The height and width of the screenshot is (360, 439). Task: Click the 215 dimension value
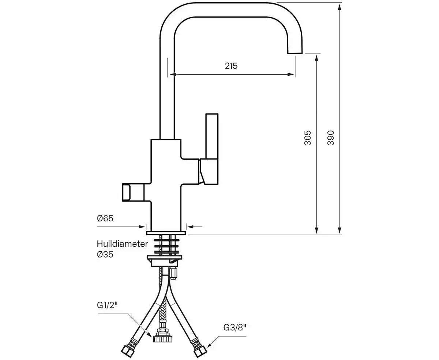(231, 66)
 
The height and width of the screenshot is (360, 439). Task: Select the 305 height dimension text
(308, 138)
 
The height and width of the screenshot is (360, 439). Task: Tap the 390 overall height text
(331, 138)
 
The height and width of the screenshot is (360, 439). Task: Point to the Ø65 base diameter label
(105, 218)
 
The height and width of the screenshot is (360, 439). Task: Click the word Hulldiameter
(122, 244)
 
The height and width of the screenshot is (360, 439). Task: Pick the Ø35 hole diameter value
(105, 255)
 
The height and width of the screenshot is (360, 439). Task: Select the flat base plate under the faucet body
(166, 233)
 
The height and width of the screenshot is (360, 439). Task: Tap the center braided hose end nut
(162, 336)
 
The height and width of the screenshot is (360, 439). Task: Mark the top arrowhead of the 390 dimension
(340, 7)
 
